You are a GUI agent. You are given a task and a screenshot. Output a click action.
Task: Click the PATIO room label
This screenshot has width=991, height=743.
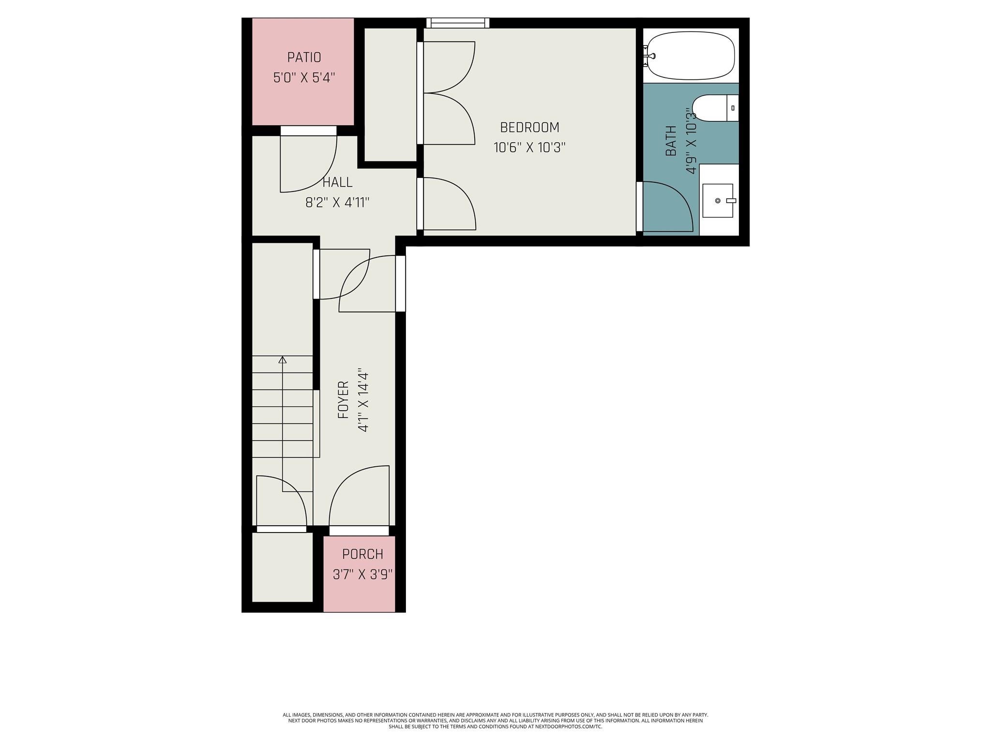[304, 57]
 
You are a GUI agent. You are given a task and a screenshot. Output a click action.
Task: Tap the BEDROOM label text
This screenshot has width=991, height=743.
[529, 127]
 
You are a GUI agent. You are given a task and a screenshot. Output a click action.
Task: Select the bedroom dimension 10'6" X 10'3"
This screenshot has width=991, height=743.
[529, 147]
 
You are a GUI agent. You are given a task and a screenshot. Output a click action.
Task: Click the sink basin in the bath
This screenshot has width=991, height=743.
[718, 201]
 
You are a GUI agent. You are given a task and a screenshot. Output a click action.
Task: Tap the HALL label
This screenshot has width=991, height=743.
[337, 182]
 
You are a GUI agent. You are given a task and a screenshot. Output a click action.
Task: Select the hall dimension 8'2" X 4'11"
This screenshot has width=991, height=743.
[337, 202]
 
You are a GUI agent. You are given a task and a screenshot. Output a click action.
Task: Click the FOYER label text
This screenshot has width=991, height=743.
[343, 400]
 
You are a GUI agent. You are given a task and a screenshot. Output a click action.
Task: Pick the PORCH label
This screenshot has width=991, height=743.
[362, 554]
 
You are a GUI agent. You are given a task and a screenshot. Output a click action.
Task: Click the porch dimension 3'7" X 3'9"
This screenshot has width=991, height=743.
[362, 574]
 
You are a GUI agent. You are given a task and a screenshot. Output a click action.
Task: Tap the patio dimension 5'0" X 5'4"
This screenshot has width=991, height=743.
[304, 77]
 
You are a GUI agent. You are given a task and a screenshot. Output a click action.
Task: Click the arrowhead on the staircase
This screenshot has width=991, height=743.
[283, 359]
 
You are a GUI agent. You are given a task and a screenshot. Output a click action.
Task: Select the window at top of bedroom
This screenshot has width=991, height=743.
[458, 23]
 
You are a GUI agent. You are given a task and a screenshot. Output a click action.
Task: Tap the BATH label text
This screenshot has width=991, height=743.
[671, 141]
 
